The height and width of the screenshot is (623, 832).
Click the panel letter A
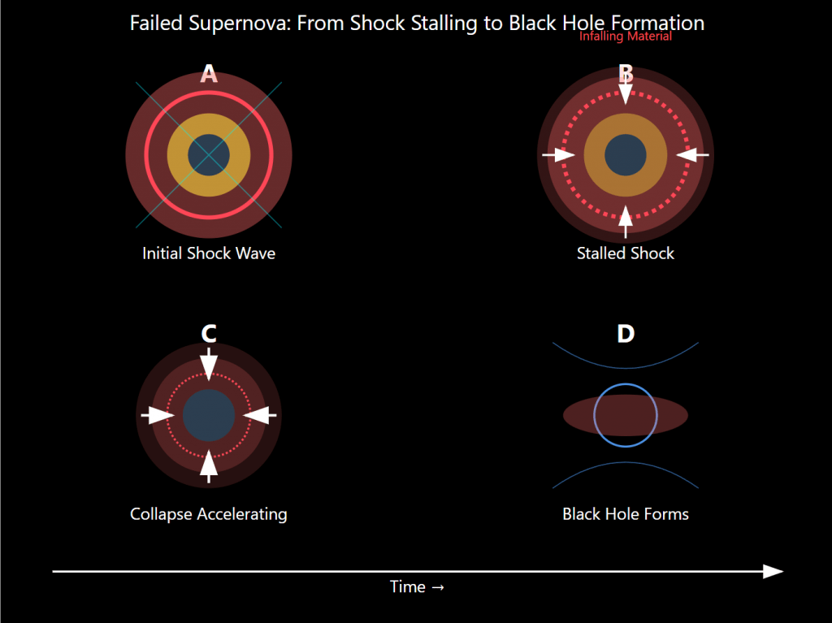[209, 74]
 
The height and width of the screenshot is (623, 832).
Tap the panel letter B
[625, 73]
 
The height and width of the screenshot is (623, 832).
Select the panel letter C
[209, 333]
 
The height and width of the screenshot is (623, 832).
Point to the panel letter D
[625, 333]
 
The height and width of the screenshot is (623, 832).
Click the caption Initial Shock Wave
[209, 253]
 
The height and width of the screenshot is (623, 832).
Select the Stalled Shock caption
[625, 253]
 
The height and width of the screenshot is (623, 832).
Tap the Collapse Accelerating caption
[209, 514]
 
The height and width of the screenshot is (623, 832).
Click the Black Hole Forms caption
[625, 514]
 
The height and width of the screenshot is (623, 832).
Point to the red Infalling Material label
[625, 37]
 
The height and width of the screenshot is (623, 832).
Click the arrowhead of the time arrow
[773, 571]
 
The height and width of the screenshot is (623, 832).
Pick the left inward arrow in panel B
[558, 154]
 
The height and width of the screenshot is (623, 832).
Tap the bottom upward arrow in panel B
[625, 220]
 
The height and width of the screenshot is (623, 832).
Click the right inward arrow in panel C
[260, 415]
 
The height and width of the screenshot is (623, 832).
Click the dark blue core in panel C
[209, 415]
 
